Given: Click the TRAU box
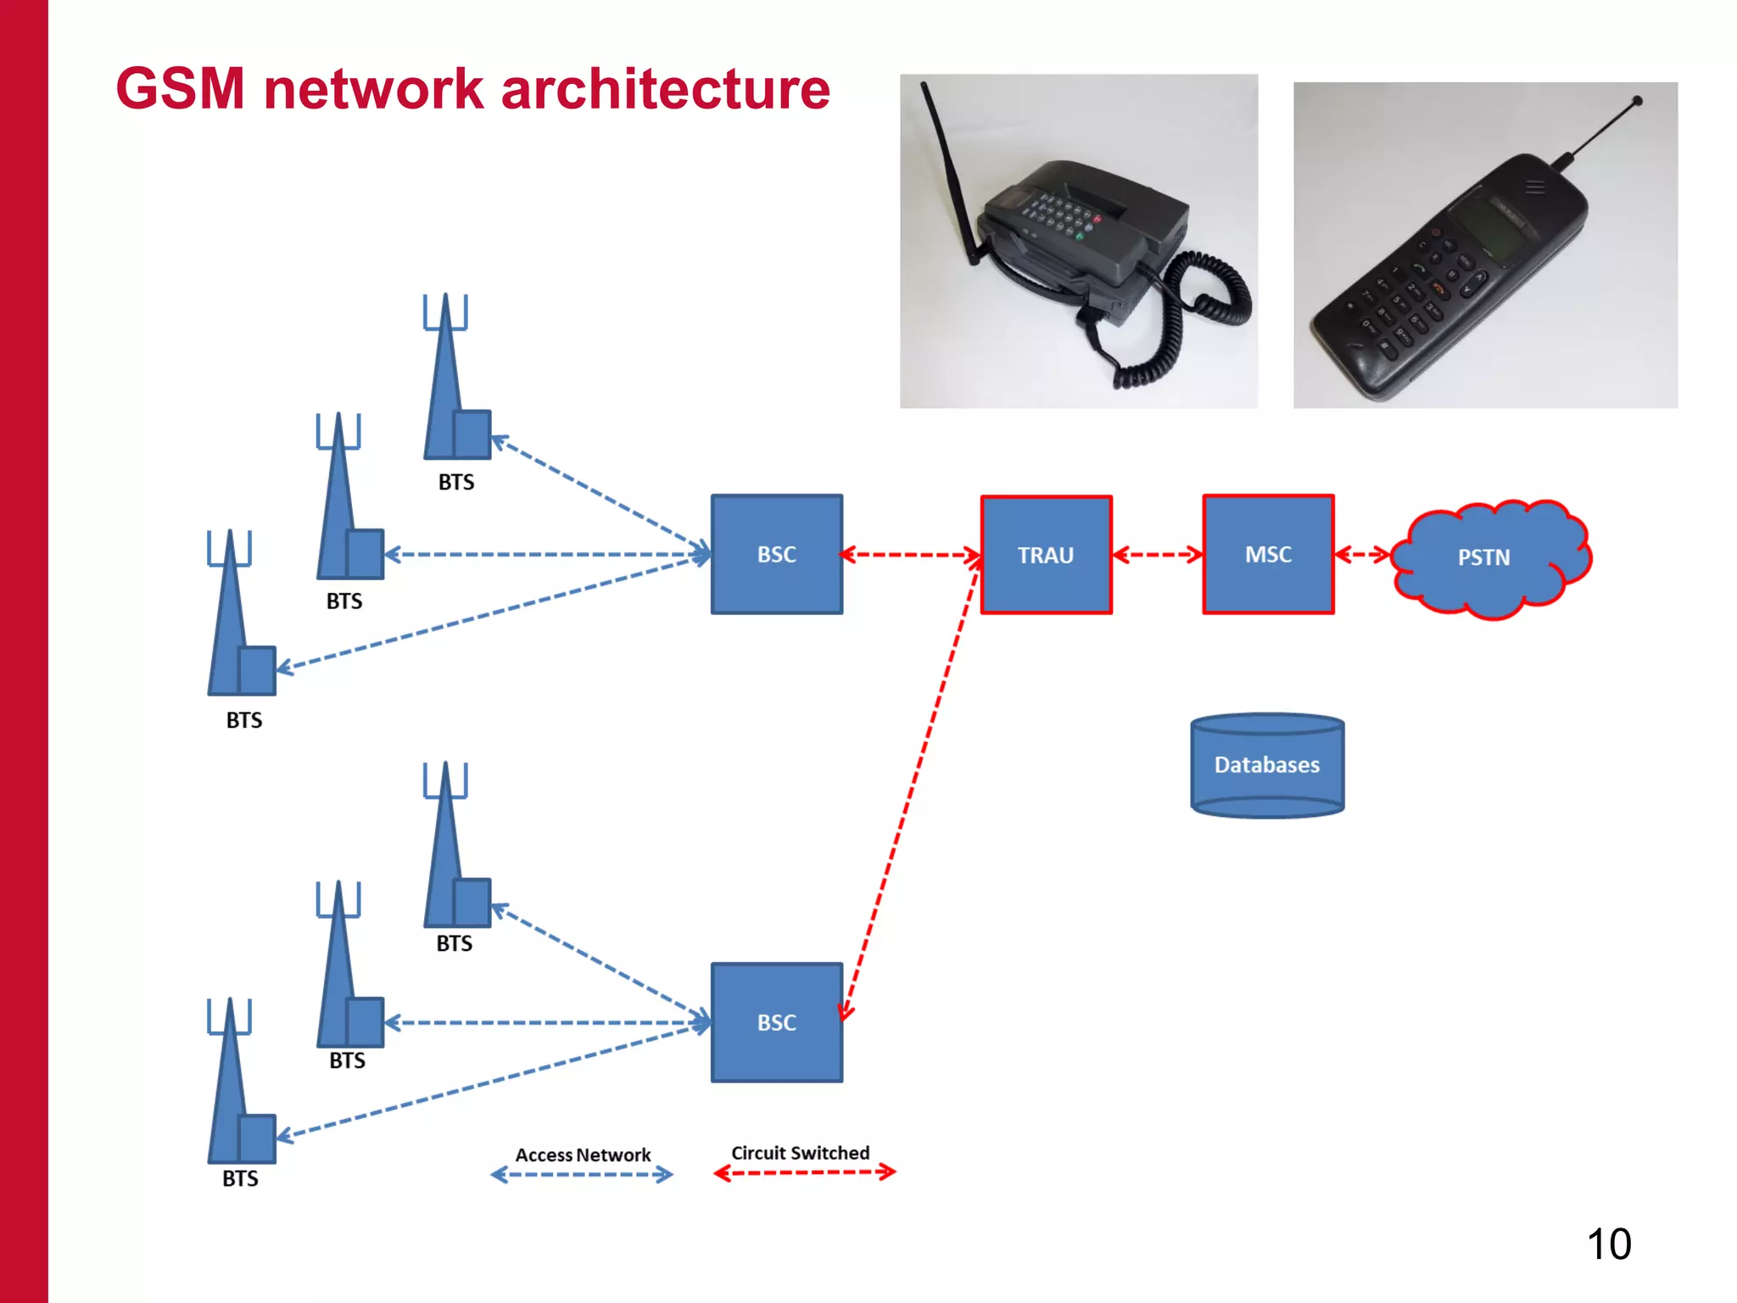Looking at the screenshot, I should pos(1046,555).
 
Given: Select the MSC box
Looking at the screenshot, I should pos(1268,554).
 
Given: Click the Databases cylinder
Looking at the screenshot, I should pos(1267,766).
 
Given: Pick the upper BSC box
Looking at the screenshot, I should pos(776,554).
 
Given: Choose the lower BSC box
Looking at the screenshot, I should pos(776,1022).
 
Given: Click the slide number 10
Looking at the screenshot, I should pos(1608,1244).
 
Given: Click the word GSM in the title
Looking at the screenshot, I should pos(181,89).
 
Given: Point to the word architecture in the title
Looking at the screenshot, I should pos(666,89).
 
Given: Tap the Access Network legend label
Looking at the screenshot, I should pos(583,1155).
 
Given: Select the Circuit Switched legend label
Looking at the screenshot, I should pos(800,1153).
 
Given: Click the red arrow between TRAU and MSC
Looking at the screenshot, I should pos(1157,555).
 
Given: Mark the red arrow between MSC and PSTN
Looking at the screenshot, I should pos(1362,555).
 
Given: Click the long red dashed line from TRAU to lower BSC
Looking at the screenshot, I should pos(912,785).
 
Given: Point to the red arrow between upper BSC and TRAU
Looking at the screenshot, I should pos(911,555).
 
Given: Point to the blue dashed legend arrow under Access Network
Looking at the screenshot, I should pos(582,1175).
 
